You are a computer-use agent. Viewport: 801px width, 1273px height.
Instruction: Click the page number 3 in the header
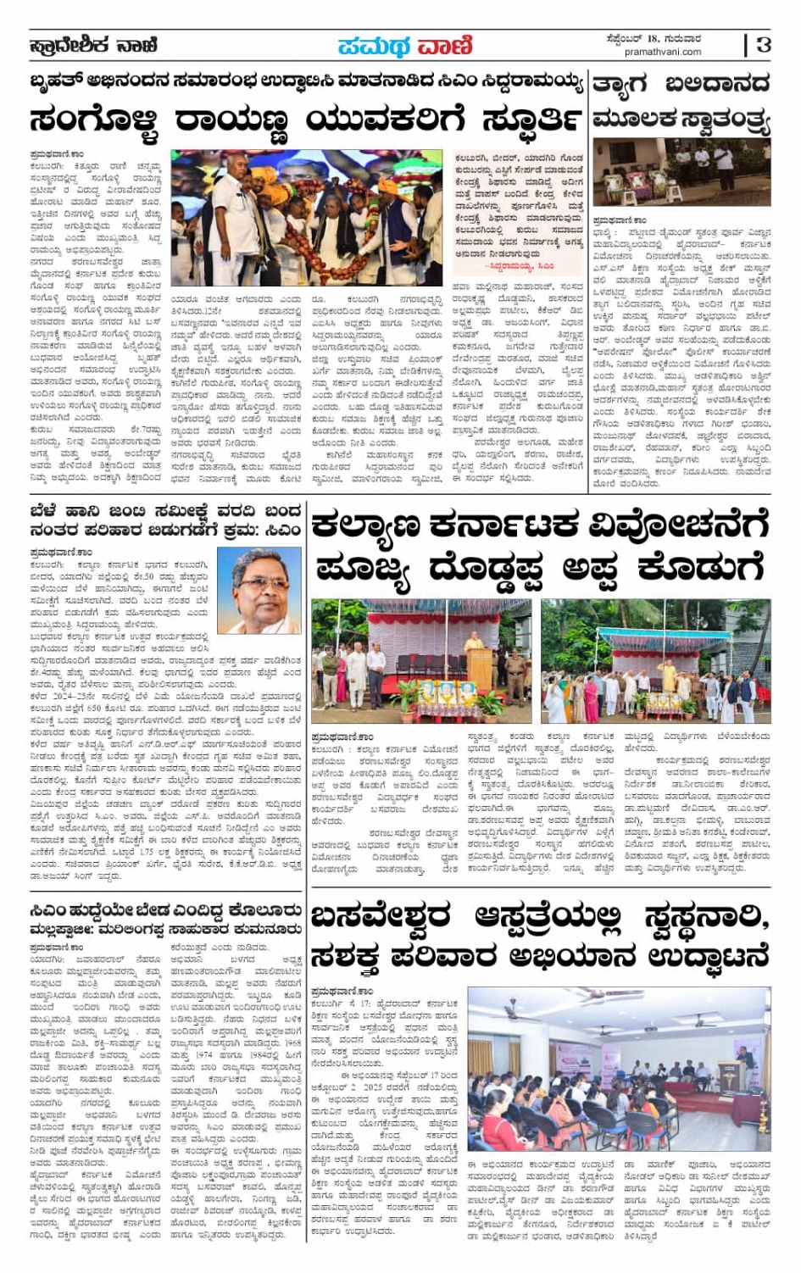(x=764, y=44)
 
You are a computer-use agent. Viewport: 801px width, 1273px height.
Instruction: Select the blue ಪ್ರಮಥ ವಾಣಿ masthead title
(x=405, y=46)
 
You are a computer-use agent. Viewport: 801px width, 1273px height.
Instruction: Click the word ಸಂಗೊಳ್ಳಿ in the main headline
(x=96, y=120)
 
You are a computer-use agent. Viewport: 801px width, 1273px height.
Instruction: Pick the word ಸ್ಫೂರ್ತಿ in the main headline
(x=531, y=120)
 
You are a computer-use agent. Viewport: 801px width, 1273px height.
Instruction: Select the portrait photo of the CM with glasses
(x=260, y=590)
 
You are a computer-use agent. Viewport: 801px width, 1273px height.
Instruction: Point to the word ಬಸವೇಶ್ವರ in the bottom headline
(x=382, y=917)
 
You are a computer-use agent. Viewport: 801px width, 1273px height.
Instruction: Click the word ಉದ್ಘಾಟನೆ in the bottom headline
(x=708, y=956)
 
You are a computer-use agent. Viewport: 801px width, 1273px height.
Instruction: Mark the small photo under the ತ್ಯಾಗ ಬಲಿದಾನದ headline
(x=681, y=173)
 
